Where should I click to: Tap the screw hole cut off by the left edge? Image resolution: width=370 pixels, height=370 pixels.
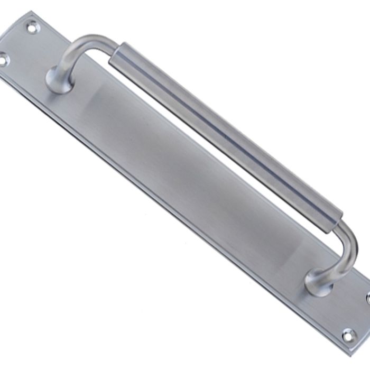click(3, 59)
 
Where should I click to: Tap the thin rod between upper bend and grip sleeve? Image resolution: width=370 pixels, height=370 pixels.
click(103, 42)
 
